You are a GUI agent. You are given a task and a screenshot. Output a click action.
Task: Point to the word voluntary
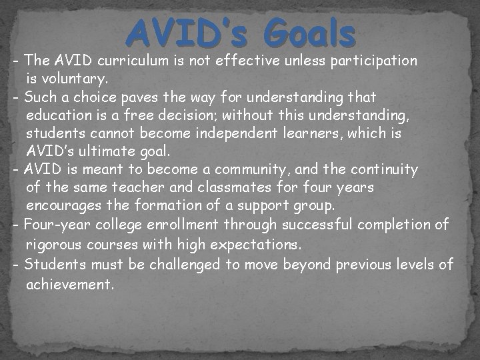(71, 79)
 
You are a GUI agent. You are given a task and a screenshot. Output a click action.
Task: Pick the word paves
(140, 97)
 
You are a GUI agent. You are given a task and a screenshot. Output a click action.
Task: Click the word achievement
(70, 285)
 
